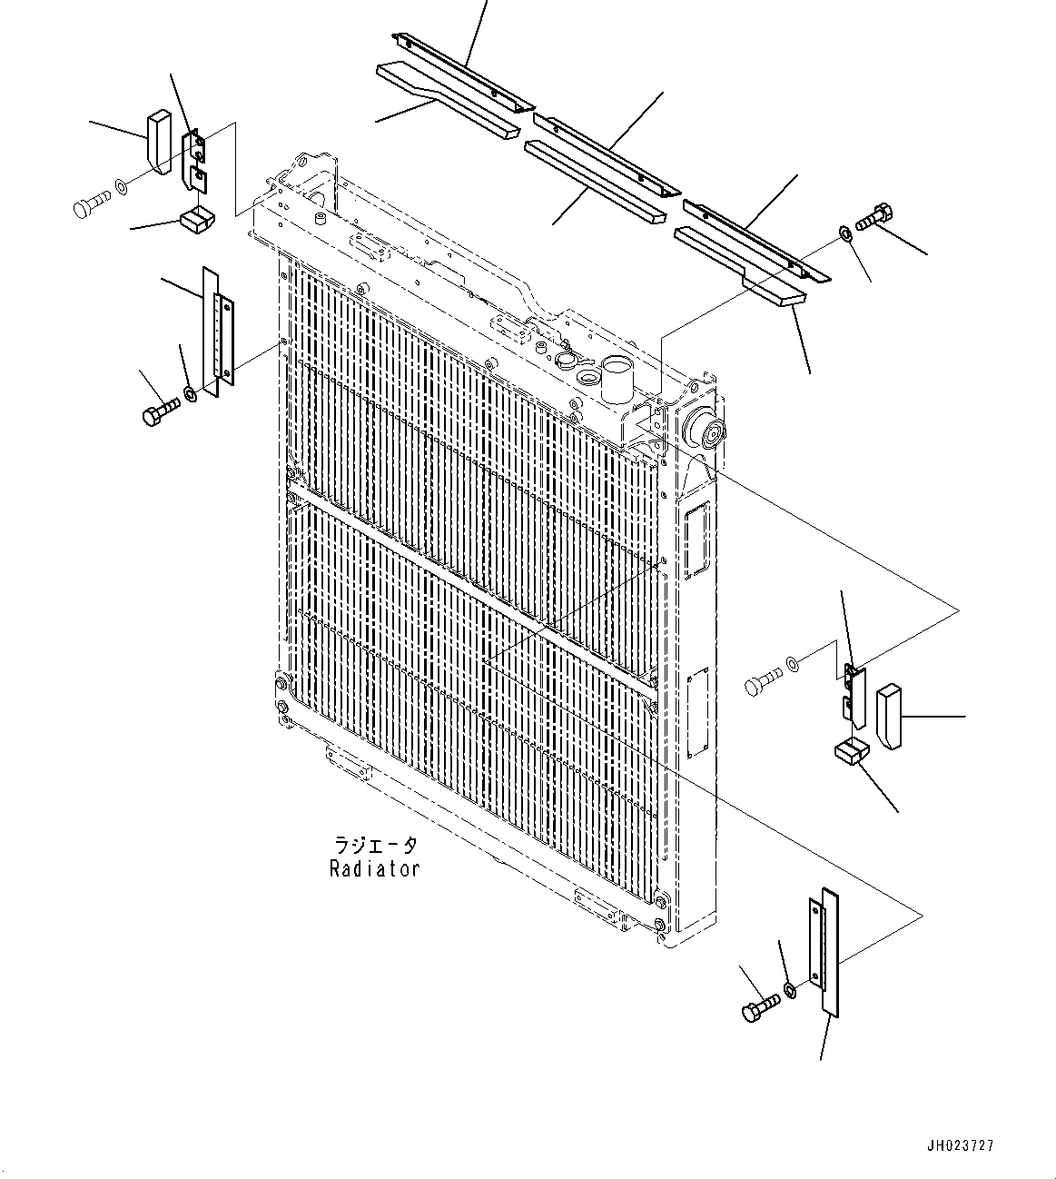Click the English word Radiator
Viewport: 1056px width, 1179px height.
(374, 869)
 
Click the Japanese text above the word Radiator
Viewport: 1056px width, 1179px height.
(374, 846)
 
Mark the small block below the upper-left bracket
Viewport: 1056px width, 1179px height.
(197, 219)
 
